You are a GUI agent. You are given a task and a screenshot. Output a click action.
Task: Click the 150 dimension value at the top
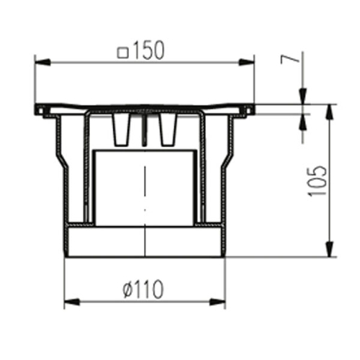pos(149,50)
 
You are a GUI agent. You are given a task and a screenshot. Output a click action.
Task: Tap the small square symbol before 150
pos(122,53)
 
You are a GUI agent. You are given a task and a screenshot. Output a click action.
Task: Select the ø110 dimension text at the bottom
pos(143,289)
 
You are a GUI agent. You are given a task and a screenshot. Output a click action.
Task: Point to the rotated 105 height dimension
pos(318,181)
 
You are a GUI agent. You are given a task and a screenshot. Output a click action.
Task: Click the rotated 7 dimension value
pos(290,59)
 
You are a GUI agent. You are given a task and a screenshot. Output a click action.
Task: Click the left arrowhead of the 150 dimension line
pos(42,62)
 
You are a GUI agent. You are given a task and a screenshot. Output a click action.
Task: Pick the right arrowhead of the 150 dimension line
pos(247,62)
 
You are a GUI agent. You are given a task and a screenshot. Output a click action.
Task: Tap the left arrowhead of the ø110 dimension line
pos(72,302)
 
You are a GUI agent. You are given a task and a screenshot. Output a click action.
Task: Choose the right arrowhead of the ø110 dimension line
pos(217,302)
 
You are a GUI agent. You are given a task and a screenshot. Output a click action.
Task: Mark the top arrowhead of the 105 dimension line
pos(330,112)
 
